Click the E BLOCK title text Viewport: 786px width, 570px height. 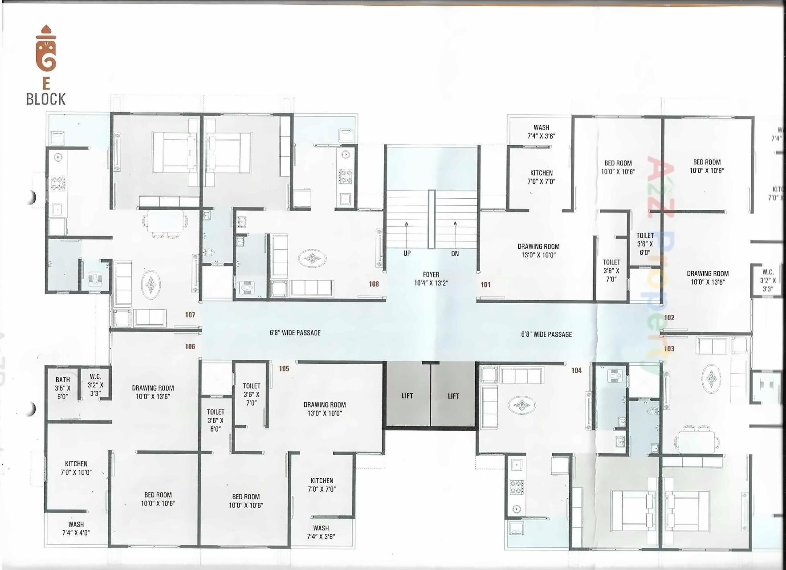(46, 92)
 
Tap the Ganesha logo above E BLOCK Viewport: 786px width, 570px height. (46, 49)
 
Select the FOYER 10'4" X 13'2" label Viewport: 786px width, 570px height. (431, 279)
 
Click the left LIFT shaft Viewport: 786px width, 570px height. (407, 395)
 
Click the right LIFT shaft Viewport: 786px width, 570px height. (453, 395)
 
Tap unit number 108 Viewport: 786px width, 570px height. (374, 284)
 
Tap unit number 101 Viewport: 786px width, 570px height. (485, 285)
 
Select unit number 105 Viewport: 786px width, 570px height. (284, 369)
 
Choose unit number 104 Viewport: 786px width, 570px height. (576, 370)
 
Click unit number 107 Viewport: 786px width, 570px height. (190, 315)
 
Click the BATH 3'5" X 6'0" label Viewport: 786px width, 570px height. (62, 388)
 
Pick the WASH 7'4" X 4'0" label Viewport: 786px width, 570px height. (76, 529)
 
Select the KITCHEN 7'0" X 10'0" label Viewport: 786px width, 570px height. (76, 468)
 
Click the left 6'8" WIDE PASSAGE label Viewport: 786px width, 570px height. (295, 333)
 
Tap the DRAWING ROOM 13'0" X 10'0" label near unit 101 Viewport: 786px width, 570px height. (538, 251)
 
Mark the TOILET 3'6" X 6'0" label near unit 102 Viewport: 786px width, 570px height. (645, 244)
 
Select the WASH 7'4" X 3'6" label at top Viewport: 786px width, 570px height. (541, 132)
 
